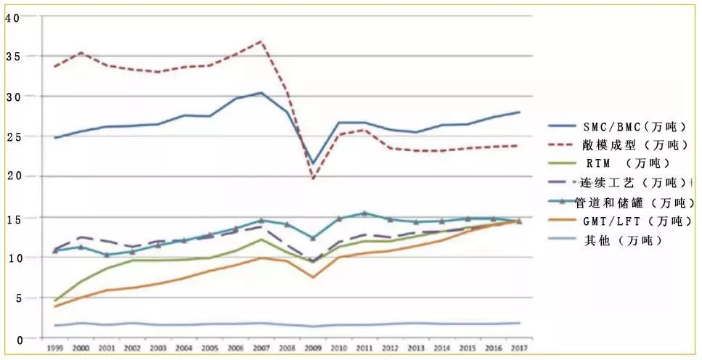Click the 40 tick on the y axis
point(12,17)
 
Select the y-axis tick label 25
point(12,136)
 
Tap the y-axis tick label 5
point(9,298)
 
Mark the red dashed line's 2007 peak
point(261,41)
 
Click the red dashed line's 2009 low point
point(312,178)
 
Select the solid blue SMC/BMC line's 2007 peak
point(261,93)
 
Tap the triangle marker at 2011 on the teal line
point(364,213)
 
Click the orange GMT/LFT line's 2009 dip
point(312,277)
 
